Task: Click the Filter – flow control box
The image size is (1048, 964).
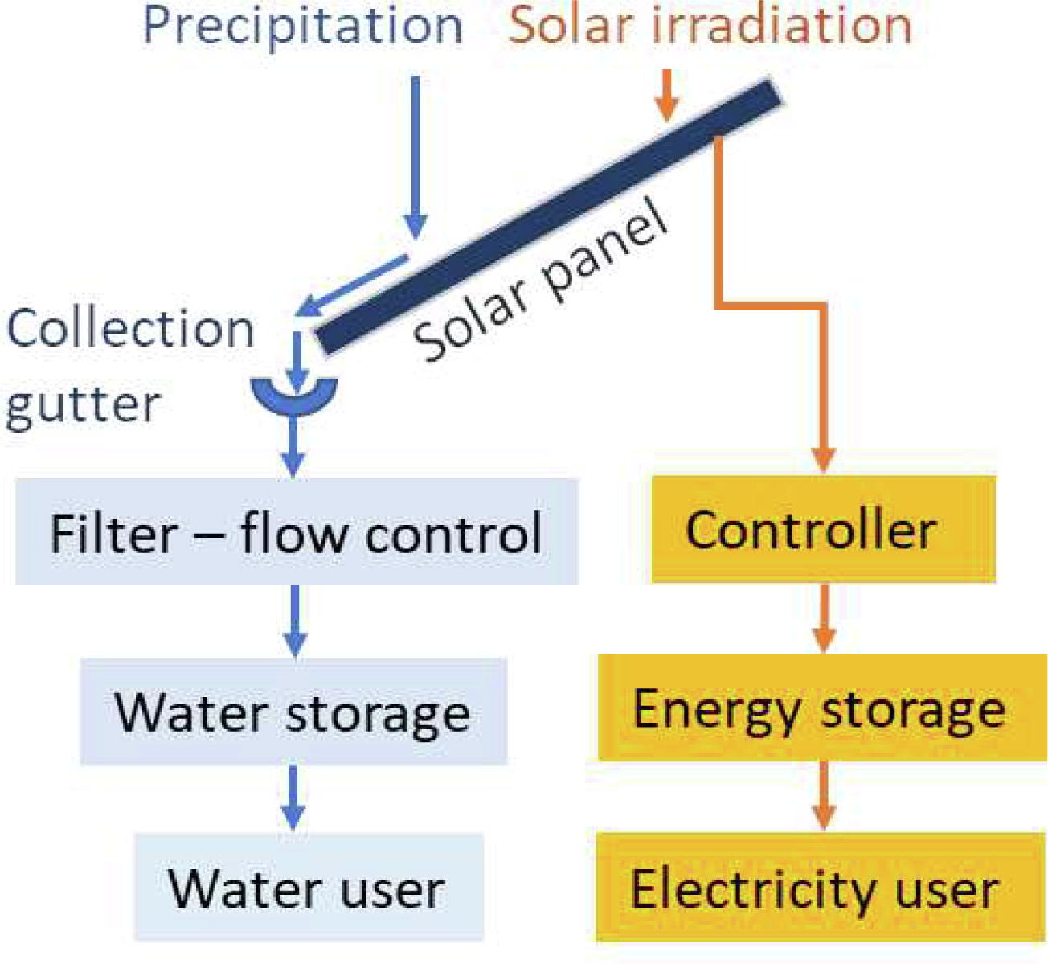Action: coord(296,531)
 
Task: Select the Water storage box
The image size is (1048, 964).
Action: coord(293,712)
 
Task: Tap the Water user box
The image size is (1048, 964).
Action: coord(309,887)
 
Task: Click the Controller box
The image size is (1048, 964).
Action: coord(822,529)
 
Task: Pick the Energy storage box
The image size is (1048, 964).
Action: coord(821,708)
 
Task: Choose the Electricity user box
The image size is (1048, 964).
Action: coord(820,887)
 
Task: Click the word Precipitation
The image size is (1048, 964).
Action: coord(303,26)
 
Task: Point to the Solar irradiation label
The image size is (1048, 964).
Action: coord(710,26)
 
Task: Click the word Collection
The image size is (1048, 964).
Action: coord(130,329)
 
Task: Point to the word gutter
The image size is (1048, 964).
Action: coord(83,403)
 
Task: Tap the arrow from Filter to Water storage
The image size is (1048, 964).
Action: coord(295,620)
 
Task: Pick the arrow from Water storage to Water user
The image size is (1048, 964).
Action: coord(293,797)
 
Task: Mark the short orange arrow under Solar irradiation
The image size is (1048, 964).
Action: coord(666,95)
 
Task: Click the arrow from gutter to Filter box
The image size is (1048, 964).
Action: coord(293,446)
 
